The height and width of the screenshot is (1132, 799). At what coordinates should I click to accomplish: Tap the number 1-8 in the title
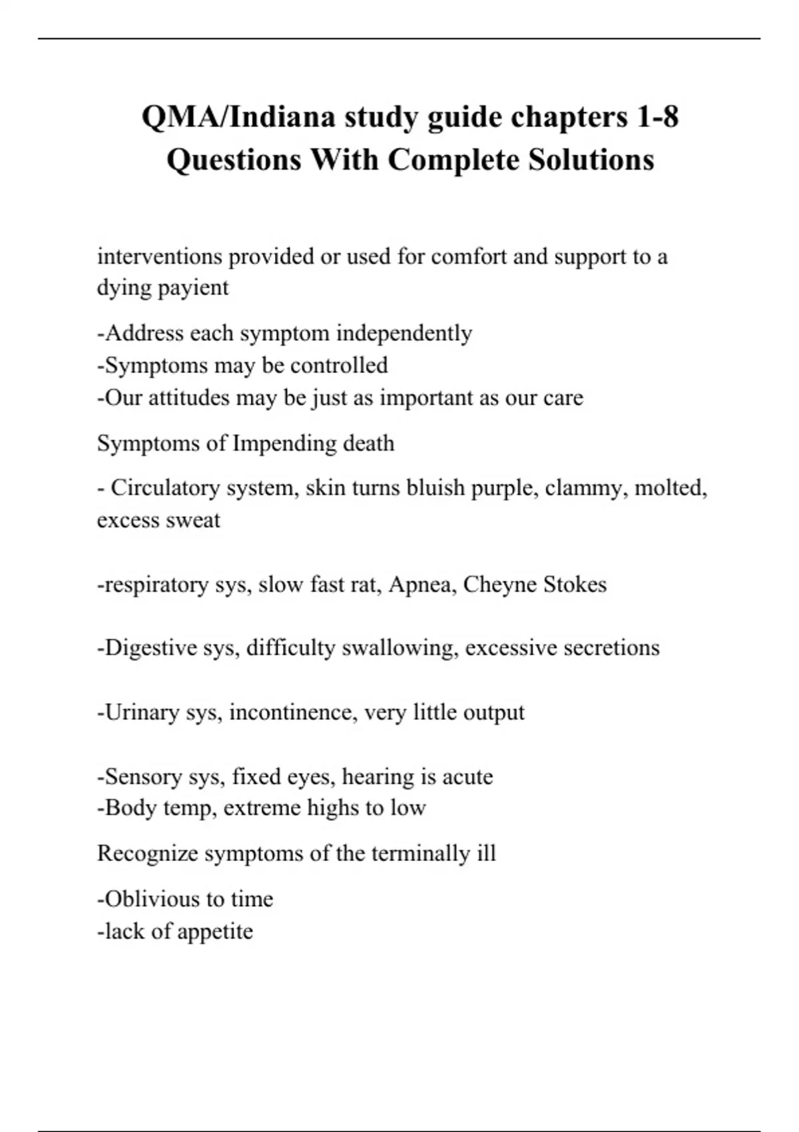(657, 117)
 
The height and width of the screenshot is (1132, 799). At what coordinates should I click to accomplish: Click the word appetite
(214, 931)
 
